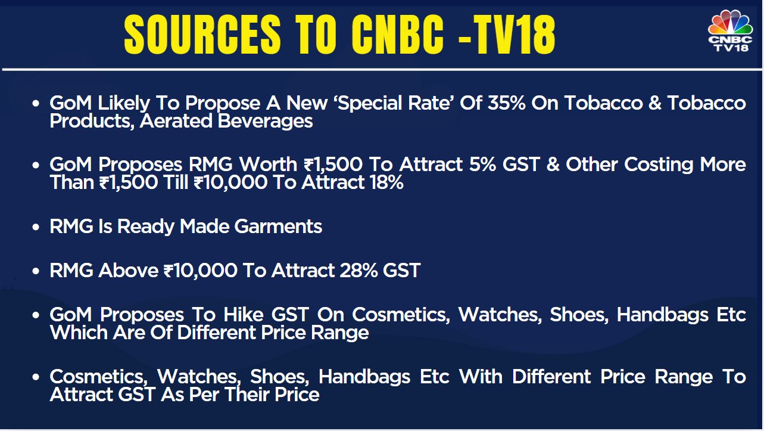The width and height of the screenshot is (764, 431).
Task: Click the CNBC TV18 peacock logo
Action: pyautogui.click(x=730, y=31)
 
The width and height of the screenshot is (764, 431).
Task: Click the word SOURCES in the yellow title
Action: pyautogui.click(x=202, y=35)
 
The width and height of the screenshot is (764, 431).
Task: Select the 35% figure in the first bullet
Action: pyautogui.click(x=507, y=103)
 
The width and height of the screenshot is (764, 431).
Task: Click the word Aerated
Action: pyautogui.click(x=176, y=121)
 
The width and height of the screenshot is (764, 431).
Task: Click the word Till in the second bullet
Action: pyautogui.click(x=176, y=182)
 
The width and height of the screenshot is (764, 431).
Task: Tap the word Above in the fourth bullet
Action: pyautogui.click(x=128, y=271)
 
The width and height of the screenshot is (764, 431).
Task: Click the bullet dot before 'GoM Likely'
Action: pyautogui.click(x=36, y=104)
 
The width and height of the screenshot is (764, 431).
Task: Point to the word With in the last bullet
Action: pyautogui.click(x=481, y=376)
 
